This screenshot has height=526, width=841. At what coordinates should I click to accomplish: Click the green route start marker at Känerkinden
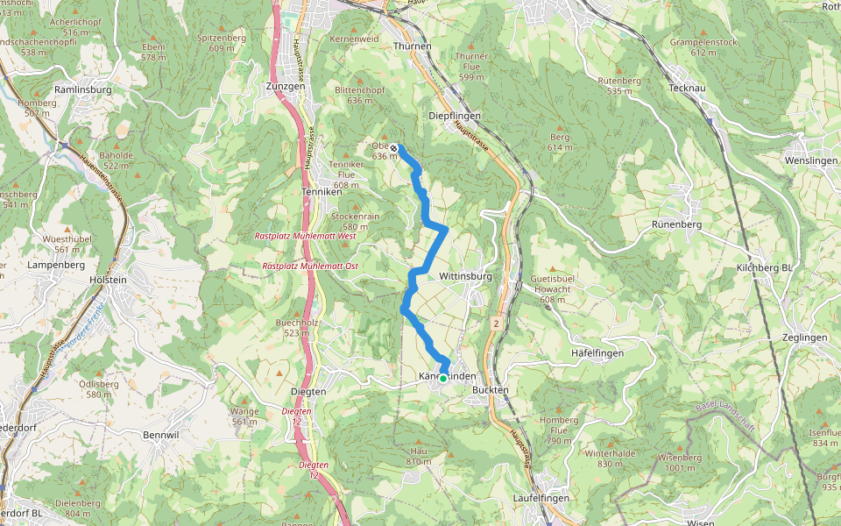click(x=443, y=378)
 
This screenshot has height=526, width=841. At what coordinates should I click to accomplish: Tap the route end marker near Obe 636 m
click(x=395, y=148)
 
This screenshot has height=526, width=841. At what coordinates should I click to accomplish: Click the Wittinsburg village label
click(x=465, y=276)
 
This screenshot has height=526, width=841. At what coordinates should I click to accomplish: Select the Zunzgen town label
click(x=284, y=87)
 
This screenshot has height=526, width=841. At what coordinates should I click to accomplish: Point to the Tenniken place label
click(x=320, y=191)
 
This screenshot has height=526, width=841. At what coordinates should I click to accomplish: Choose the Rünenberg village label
click(x=678, y=224)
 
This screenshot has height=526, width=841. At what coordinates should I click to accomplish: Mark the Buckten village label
click(x=491, y=389)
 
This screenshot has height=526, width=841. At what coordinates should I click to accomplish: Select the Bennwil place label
click(x=161, y=434)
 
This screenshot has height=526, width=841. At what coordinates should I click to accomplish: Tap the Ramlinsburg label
click(x=82, y=89)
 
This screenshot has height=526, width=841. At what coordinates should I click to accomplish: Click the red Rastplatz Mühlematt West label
click(x=305, y=237)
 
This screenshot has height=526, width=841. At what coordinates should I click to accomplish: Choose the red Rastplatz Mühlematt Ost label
click(x=309, y=266)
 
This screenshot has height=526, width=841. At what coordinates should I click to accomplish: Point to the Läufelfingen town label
click(x=541, y=498)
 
